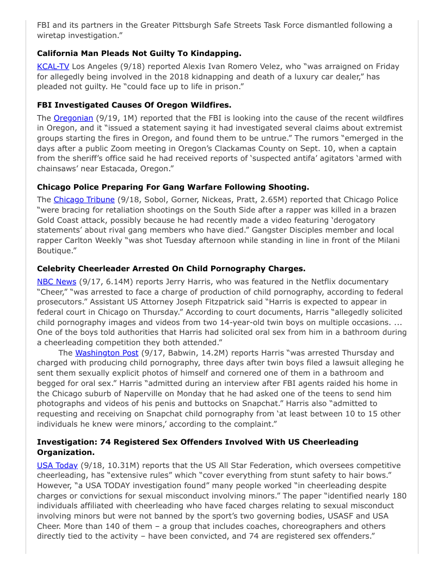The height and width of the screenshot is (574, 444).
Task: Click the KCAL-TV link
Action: click(x=53, y=67)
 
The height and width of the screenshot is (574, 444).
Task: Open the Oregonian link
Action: click(x=73, y=118)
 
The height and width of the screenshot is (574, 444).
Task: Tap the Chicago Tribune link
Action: click(x=84, y=200)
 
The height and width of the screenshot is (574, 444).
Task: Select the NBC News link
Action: click(x=57, y=282)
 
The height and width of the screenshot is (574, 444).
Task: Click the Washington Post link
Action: click(x=107, y=353)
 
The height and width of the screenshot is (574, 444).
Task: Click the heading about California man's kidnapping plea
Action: click(x=139, y=53)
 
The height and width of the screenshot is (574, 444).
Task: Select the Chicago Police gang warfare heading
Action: click(x=172, y=186)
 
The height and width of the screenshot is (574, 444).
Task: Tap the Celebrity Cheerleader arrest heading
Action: click(x=171, y=269)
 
